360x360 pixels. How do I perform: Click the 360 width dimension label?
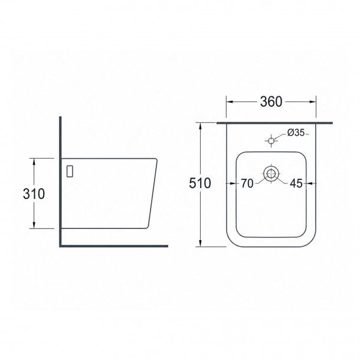coord(271,102)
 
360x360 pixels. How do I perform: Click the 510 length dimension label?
coord(199,183)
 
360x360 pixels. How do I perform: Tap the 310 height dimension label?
coord(34,194)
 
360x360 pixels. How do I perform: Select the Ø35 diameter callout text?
coord(296,132)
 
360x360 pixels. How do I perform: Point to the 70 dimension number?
coord(247,184)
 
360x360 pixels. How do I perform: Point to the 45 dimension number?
coord(296,184)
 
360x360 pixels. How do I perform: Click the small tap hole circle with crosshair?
coord(271,140)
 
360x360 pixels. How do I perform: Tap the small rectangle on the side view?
coord(70,171)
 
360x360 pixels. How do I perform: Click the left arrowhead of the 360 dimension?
coord(230,102)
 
